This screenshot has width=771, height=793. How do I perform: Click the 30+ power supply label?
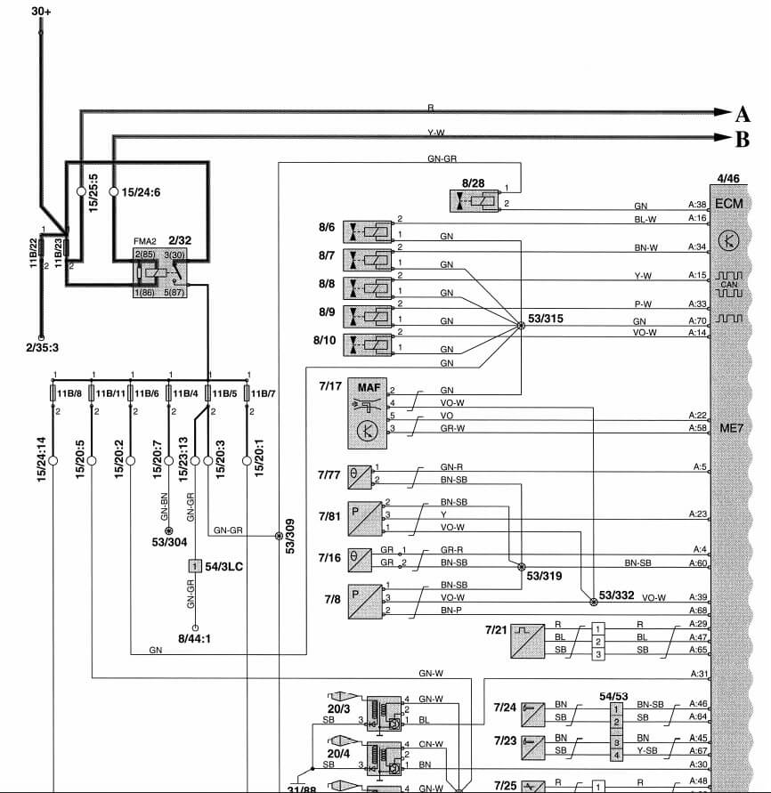point(41,12)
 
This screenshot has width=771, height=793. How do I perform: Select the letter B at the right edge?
point(743,139)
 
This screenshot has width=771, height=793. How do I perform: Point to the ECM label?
point(729,202)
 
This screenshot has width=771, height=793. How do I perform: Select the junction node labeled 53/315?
point(521,327)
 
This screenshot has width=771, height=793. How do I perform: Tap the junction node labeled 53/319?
point(521,565)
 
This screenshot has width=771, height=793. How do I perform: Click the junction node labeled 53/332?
point(587,596)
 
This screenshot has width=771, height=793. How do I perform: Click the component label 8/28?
point(474,182)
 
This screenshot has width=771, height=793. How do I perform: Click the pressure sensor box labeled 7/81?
point(360,515)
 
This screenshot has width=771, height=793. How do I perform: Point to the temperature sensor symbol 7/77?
point(356,474)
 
